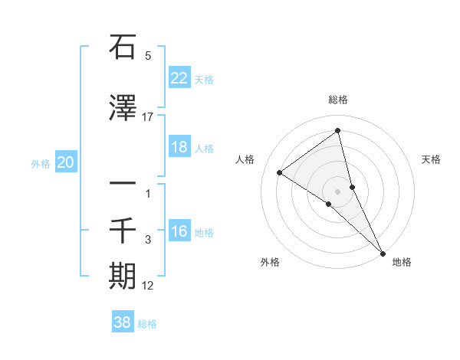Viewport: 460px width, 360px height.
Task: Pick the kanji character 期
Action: tap(123, 277)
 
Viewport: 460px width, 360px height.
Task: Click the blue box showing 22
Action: tap(179, 78)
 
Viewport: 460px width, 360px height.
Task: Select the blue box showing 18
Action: tap(179, 147)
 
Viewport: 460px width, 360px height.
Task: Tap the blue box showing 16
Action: tap(179, 231)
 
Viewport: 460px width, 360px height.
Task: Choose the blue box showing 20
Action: tap(66, 162)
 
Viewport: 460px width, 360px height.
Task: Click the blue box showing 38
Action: tap(123, 322)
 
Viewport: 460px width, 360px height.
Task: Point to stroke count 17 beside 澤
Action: tap(148, 116)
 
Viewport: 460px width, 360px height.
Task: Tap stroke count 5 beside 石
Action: tap(148, 55)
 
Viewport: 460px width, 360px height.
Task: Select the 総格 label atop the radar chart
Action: tap(338, 100)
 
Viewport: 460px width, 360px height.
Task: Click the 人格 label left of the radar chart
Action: tap(245, 159)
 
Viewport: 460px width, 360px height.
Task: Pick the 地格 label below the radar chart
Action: tap(402, 262)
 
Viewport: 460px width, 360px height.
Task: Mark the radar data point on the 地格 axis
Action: tap(383, 252)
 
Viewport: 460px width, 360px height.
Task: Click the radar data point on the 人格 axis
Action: tap(280, 172)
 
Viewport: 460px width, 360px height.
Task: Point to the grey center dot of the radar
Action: tap(338, 191)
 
